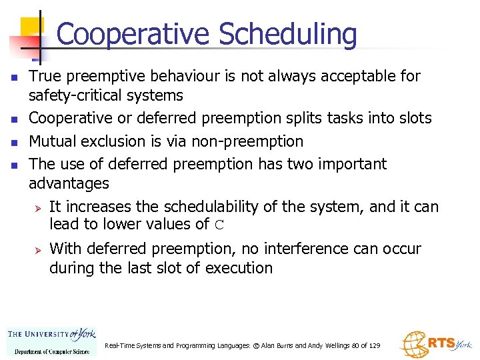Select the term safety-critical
coord(105,95)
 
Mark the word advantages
coord(69,183)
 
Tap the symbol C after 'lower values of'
coord(219,225)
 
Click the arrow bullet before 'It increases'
coord(38,207)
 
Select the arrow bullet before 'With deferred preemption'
coord(38,249)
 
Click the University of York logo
coord(51,340)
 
